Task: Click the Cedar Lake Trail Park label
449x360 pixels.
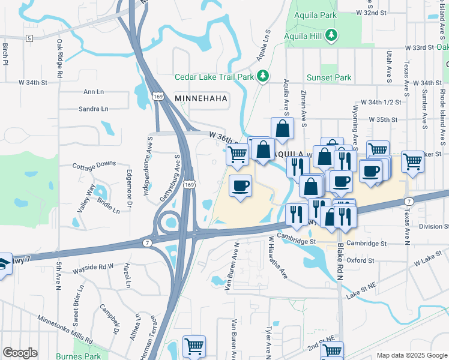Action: (x=214, y=77)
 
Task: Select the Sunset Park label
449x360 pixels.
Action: (x=328, y=77)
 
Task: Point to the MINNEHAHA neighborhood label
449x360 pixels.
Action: (x=202, y=97)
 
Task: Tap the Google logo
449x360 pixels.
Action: (x=20, y=353)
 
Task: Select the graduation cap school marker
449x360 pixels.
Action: (x=3, y=264)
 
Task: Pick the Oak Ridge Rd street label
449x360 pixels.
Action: (x=60, y=59)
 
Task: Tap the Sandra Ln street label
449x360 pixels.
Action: (x=93, y=109)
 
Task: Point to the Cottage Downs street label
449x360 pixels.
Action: (x=94, y=164)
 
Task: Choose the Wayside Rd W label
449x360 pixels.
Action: (x=93, y=266)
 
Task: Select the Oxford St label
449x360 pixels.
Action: (x=360, y=261)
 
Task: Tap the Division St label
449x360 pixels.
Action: (x=433, y=226)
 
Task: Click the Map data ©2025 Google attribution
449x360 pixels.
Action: (x=411, y=355)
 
